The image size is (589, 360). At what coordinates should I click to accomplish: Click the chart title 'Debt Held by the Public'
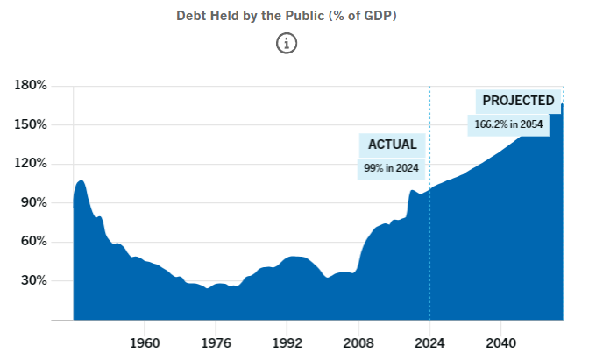287,16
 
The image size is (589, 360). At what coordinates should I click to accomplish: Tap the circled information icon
287,43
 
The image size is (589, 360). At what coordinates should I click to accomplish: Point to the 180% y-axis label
31,85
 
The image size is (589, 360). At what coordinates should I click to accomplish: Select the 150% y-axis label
31,124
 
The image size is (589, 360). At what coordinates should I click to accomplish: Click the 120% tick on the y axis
31,164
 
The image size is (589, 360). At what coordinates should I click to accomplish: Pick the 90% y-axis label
33,203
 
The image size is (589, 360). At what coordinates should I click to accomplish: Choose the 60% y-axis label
33,242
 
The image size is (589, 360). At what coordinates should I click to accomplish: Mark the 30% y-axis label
33,281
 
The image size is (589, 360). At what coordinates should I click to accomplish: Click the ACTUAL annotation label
391,145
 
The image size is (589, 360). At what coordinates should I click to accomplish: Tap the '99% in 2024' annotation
391,167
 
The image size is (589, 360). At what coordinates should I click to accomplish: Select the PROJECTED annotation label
519,101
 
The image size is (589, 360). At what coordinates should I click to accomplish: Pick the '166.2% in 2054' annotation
509,124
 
